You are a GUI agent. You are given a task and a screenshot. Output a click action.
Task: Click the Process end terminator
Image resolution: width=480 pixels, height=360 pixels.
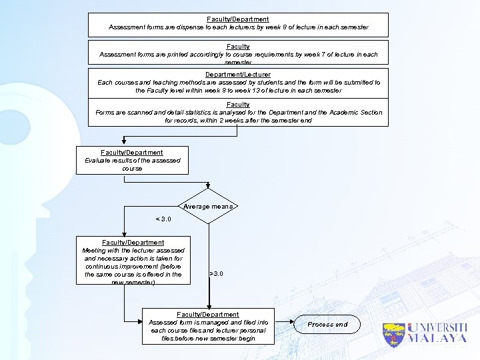click(327, 325)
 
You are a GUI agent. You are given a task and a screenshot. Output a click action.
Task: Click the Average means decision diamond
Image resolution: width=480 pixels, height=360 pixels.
click(209, 207)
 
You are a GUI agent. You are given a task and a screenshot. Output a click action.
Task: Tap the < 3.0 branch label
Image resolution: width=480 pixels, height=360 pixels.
click(163, 219)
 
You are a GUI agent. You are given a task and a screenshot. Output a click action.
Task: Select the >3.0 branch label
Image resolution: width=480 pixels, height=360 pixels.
click(217, 273)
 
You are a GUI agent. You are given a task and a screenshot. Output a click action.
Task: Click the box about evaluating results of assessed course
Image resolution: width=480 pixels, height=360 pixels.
click(132, 161)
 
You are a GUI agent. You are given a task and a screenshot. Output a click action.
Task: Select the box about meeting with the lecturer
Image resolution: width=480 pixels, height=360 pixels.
click(133, 262)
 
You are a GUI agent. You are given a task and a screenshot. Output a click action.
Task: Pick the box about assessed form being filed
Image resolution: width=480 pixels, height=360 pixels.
click(208, 326)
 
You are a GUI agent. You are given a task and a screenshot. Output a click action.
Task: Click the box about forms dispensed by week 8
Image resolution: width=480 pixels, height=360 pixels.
click(238, 24)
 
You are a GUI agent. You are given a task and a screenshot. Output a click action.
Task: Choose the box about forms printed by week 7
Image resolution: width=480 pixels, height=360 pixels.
click(238, 51)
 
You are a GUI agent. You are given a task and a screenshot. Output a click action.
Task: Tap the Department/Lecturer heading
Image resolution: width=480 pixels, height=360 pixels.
click(238, 74)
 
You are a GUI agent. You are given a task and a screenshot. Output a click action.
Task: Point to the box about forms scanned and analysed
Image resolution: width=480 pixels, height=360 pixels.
click(238, 112)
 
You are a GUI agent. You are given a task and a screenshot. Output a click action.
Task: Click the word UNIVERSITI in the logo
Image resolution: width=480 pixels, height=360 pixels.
click(437, 328)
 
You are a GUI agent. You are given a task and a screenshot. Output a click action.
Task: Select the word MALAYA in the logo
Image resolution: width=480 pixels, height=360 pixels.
click(437, 339)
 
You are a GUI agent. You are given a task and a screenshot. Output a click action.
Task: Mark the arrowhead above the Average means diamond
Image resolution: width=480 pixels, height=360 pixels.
click(209, 187)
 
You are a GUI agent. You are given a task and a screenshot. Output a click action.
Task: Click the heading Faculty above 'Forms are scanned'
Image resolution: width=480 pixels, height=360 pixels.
click(238, 105)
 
